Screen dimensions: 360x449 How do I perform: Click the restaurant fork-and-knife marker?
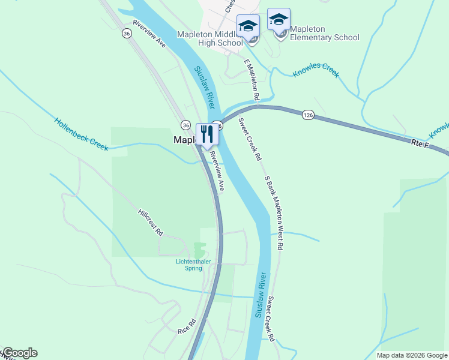(208, 134)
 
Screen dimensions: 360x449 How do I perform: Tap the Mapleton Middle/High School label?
(210, 38)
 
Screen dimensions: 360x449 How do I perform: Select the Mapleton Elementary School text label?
(324, 33)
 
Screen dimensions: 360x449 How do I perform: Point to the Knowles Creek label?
(316, 70)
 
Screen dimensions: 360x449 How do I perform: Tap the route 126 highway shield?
(308, 115)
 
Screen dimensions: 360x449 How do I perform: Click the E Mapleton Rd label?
(251, 79)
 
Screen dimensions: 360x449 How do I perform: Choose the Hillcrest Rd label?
(150, 222)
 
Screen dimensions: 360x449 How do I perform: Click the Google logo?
(19, 353)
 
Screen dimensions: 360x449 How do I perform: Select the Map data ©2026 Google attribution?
(412, 355)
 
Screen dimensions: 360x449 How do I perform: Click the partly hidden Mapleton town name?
(184, 140)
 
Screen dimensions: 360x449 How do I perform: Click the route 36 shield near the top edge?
(126, 34)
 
